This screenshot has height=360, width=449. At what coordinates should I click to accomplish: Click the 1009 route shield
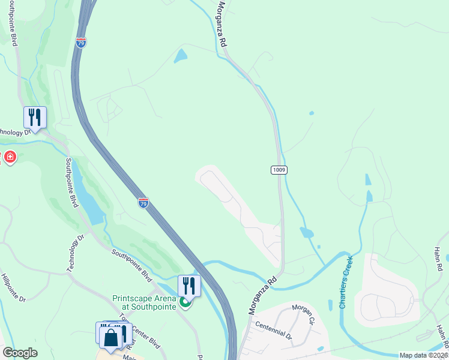coord(279,170)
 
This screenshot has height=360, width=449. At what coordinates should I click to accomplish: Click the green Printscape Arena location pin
coord(186,303)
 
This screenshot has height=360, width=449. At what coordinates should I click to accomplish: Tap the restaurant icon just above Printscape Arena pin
coord(188,285)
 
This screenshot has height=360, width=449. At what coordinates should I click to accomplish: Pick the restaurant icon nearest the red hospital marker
coord(35,116)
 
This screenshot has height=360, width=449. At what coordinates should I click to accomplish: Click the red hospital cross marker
coord(10,158)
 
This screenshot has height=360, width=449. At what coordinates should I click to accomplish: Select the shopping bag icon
coord(111,337)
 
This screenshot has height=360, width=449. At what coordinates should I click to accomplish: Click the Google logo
coord(20,353)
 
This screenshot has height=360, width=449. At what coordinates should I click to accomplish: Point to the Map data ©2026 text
coord(423,355)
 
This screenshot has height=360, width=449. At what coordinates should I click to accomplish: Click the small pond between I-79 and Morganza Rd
coord(180,56)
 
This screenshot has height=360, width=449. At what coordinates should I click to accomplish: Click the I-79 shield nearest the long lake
coord(143,203)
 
